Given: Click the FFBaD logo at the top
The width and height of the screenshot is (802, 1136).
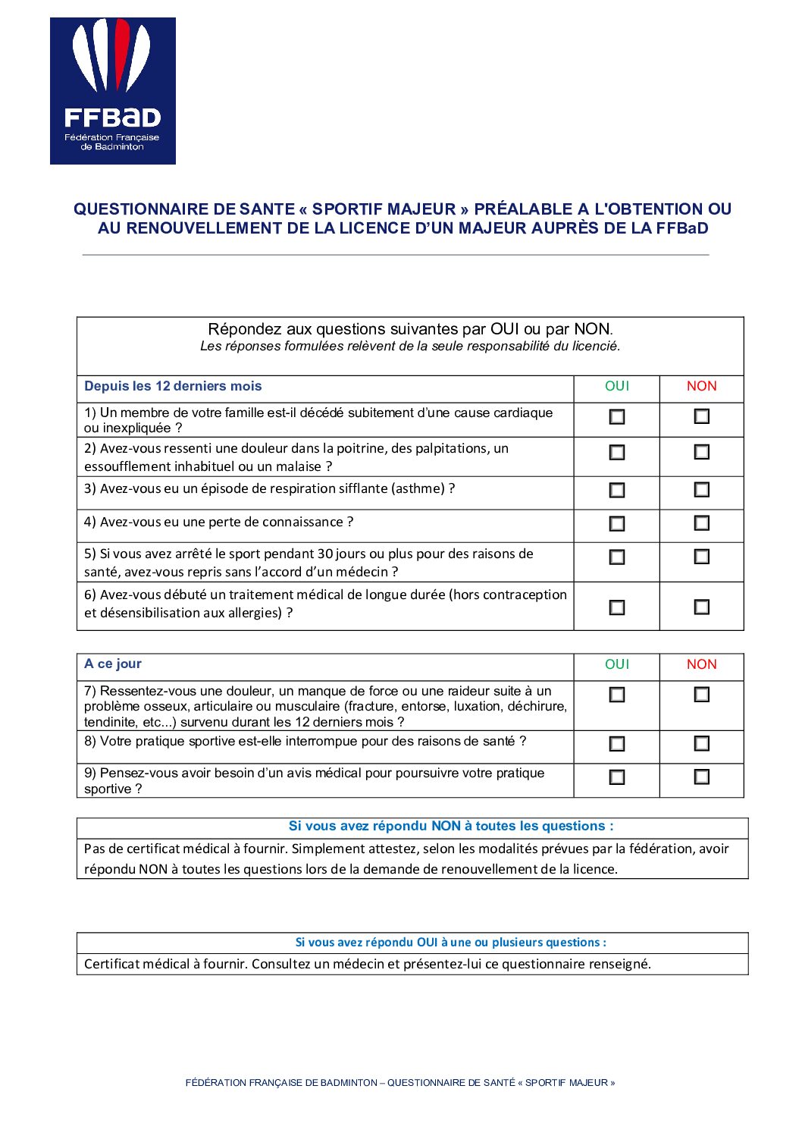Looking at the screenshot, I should click(x=113, y=91).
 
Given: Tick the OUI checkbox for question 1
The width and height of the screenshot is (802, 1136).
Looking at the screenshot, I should click(x=617, y=417).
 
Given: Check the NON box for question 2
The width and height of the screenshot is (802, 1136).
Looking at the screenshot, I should click(x=702, y=452).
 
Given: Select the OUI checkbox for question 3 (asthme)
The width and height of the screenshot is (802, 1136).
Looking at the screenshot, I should click(x=617, y=491).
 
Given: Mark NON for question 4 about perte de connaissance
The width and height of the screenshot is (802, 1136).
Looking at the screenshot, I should click(x=702, y=523).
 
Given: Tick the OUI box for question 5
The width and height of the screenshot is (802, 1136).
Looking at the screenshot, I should click(x=617, y=557).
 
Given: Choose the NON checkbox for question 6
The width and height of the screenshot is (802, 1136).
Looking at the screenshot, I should click(x=702, y=607).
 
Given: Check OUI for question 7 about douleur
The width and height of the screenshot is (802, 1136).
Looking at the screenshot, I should click(x=617, y=695).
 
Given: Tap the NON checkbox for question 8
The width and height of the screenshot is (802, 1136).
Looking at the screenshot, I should click(x=702, y=744).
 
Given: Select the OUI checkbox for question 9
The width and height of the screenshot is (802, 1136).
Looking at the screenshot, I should click(x=617, y=777).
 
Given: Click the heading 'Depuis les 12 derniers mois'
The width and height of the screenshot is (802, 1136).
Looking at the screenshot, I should click(x=173, y=386).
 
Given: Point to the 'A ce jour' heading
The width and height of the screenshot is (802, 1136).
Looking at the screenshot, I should click(x=113, y=664).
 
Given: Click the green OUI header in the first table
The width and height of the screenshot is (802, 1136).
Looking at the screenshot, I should click(x=617, y=386).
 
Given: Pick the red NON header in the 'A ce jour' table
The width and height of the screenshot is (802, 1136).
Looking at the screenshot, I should click(x=701, y=664).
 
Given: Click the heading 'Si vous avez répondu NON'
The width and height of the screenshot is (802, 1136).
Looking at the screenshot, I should click(x=451, y=827).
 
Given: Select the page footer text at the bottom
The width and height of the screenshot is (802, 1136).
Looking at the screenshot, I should click(x=400, y=1083).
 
